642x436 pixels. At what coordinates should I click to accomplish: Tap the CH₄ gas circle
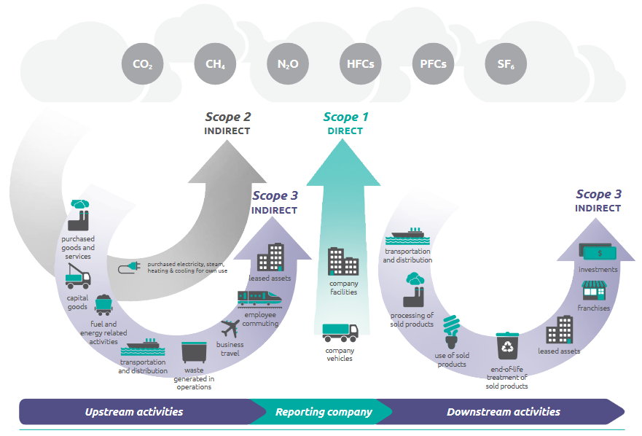215,63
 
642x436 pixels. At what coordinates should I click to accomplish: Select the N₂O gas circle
288,63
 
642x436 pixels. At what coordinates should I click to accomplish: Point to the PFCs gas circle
433,63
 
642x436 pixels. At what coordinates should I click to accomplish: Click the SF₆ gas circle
506,63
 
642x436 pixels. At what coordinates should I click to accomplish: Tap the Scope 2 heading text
227,117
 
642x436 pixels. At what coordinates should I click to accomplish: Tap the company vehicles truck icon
340,333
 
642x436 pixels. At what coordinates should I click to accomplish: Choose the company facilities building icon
343,261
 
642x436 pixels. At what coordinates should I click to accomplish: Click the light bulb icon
452,332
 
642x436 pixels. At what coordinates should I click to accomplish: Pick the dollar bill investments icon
598,252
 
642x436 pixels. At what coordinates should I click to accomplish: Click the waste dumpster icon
194,352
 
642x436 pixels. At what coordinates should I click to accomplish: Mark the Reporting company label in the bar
324,412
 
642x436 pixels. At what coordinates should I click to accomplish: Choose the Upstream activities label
134,412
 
